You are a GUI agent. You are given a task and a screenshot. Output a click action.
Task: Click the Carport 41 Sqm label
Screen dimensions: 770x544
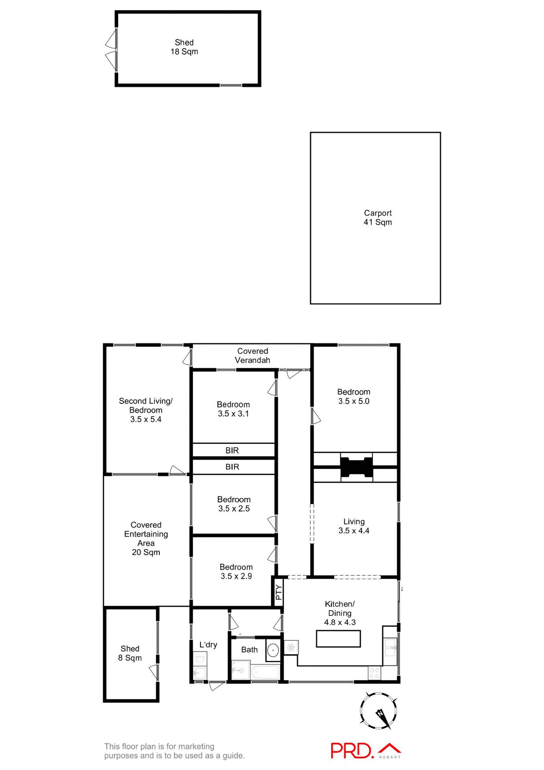pos(377,218)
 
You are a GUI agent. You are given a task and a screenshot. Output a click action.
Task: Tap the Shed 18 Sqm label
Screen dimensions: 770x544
pos(184,47)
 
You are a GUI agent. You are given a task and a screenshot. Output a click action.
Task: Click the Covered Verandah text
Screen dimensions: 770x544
pos(252,356)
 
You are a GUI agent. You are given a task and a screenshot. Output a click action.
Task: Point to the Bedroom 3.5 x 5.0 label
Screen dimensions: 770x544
pos(354,396)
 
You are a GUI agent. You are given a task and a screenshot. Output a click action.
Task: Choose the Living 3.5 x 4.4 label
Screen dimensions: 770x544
pos(354,526)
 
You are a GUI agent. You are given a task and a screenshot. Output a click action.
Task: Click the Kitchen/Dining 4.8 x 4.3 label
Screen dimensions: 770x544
pos(340,613)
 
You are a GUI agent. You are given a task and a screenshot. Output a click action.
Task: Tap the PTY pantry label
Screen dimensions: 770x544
pos(279,592)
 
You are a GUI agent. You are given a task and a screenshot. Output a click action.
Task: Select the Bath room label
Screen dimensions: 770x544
pos(249,650)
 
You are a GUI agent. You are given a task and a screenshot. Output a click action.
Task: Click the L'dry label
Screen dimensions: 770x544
pos(208,644)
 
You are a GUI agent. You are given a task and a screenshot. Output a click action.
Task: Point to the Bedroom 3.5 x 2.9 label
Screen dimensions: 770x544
pos(236,571)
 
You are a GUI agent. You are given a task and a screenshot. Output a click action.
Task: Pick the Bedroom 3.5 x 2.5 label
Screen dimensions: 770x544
pos(234,504)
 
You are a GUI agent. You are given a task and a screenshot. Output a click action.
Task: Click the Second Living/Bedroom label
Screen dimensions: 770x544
pos(146,410)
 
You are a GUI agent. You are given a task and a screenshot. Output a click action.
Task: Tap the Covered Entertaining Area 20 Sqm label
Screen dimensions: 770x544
pos(146,539)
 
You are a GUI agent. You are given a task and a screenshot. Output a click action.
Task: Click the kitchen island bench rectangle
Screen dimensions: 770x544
pos(338,638)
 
